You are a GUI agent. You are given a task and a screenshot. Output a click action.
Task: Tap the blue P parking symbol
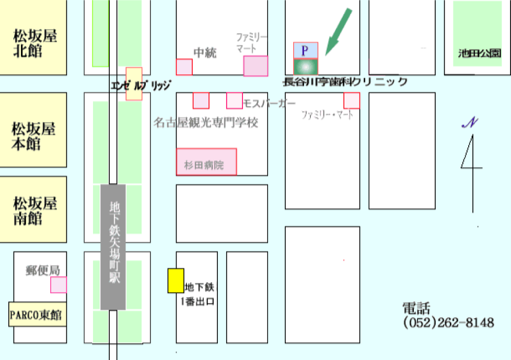coord(306,50)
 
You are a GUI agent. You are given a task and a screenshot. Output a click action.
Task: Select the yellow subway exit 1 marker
coord(176,281)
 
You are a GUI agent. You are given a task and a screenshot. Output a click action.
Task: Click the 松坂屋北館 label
coord(34,44)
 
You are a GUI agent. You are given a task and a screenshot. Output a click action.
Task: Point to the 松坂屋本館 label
coord(33,136)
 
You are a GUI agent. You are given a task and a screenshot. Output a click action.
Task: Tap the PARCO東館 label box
coord(36,315)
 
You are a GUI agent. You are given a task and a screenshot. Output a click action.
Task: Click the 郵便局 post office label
coord(42,270)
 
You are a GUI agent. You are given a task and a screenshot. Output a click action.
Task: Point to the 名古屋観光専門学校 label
coord(206,123)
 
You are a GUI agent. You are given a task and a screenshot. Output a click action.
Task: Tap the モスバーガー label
coord(270,103)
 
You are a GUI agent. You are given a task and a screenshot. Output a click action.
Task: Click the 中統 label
coord(205,53)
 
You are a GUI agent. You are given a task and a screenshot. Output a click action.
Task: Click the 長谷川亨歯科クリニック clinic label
coord(345,82)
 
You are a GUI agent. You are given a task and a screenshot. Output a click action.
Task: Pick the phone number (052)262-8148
coord(449,323)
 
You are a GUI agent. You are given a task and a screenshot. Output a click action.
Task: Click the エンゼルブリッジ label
coord(141,84)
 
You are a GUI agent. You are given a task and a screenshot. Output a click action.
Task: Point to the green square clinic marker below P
coord(306,66)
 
